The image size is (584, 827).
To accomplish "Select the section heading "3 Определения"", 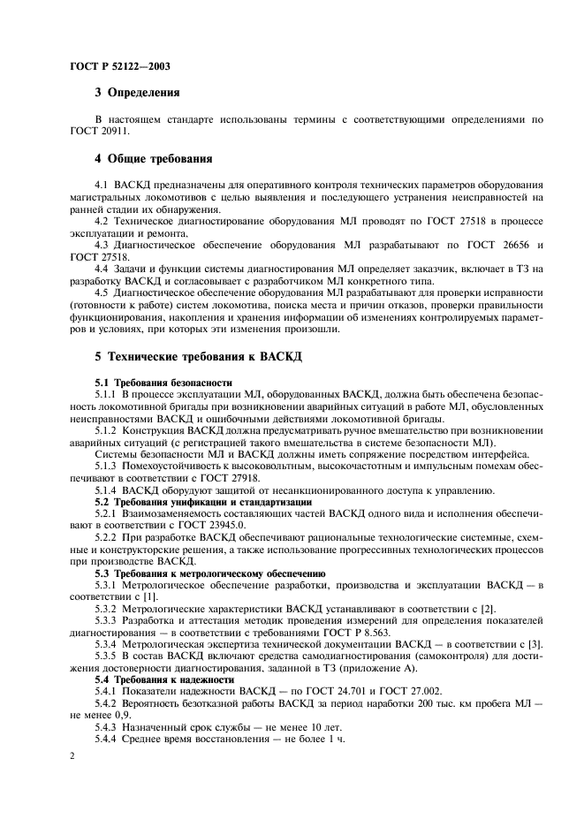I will (x=137, y=91).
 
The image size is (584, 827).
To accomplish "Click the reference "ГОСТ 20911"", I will (x=98, y=130).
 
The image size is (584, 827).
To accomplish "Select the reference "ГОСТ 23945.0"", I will (x=201, y=525).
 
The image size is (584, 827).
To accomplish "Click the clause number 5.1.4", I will (x=108, y=489).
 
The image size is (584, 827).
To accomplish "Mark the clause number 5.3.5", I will (x=108, y=656).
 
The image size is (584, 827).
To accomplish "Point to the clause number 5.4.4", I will (x=108, y=740).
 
